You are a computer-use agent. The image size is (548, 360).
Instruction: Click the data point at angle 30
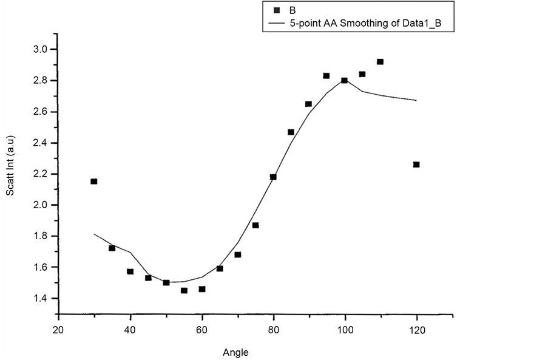tap(94, 182)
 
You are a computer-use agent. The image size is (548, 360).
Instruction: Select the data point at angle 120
tap(416, 165)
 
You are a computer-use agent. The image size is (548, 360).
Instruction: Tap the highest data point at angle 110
tap(380, 62)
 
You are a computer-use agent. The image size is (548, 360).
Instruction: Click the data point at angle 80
tap(273, 177)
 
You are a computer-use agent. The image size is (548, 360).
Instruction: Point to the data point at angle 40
tap(130, 271)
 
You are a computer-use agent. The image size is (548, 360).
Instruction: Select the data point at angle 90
tap(308, 104)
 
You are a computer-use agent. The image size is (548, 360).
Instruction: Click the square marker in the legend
tap(276, 10)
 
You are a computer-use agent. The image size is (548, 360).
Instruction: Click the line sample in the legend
tap(276, 22)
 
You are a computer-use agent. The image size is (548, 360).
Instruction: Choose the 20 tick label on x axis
tap(58, 328)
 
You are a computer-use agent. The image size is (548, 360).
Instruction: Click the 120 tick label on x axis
tap(417, 328)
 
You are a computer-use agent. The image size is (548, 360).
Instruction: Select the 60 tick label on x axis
tap(201, 328)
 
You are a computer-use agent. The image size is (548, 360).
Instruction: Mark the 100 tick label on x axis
tap(345, 328)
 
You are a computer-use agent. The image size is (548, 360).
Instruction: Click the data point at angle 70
tap(237, 254)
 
